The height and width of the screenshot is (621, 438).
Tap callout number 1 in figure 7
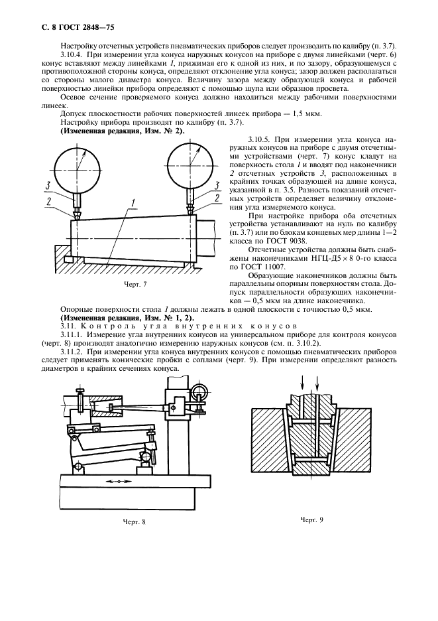[x=134, y=202]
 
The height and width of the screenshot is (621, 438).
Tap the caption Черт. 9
[x=311, y=519]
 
